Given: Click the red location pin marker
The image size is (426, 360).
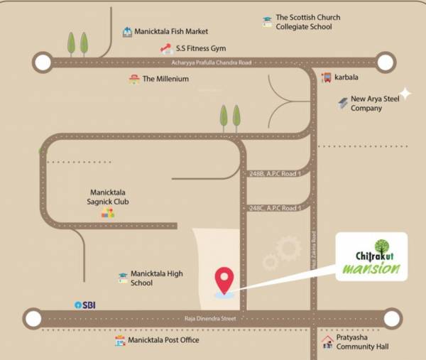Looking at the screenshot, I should pyautogui.click(x=225, y=279).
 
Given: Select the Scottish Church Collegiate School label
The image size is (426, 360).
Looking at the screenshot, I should pyautogui.click(x=307, y=22).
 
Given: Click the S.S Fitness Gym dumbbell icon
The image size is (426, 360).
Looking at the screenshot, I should pyautogui.click(x=166, y=49).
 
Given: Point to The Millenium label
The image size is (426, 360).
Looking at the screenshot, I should pyautogui.click(x=165, y=79).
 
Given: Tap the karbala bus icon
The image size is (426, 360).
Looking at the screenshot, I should pyautogui.click(x=326, y=77).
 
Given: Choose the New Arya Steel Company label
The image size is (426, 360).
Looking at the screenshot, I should pyautogui.click(x=375, y=104).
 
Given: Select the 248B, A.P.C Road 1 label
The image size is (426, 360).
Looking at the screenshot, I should pyautogui.click(x=276, y=174).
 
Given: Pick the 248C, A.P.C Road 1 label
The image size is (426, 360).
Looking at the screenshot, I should pyautogui.click(x=276, y=208).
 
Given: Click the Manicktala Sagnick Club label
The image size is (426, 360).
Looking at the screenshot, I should pyautogui.click(x=109, y=197).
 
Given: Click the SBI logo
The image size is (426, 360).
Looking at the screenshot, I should pyautogui.click(x=85, y=305).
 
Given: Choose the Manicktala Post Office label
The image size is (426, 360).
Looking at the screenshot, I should pyautogui.click(x=163, y=341).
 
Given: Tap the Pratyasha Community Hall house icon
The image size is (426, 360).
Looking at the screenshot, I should pyautogui.click(x=327, y=342).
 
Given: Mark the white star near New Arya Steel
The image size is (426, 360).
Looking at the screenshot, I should pyautogui.click(x=405, y=93).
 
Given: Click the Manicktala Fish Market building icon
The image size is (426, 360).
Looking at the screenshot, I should pyautogui.click(x=127, y=32).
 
